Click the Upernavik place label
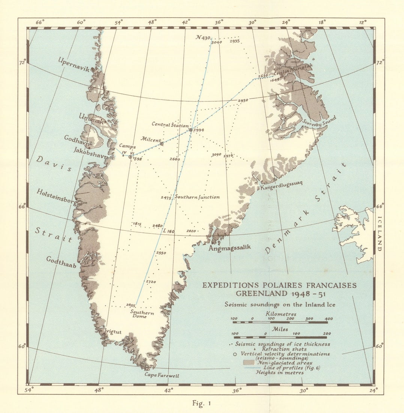[73, 65]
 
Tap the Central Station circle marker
[190, 130]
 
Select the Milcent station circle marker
[162, 143]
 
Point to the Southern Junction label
[197, 197]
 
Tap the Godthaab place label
[61, 262]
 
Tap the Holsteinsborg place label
[57, 197]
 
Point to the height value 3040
[217, 42]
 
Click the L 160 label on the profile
[169, 231]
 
